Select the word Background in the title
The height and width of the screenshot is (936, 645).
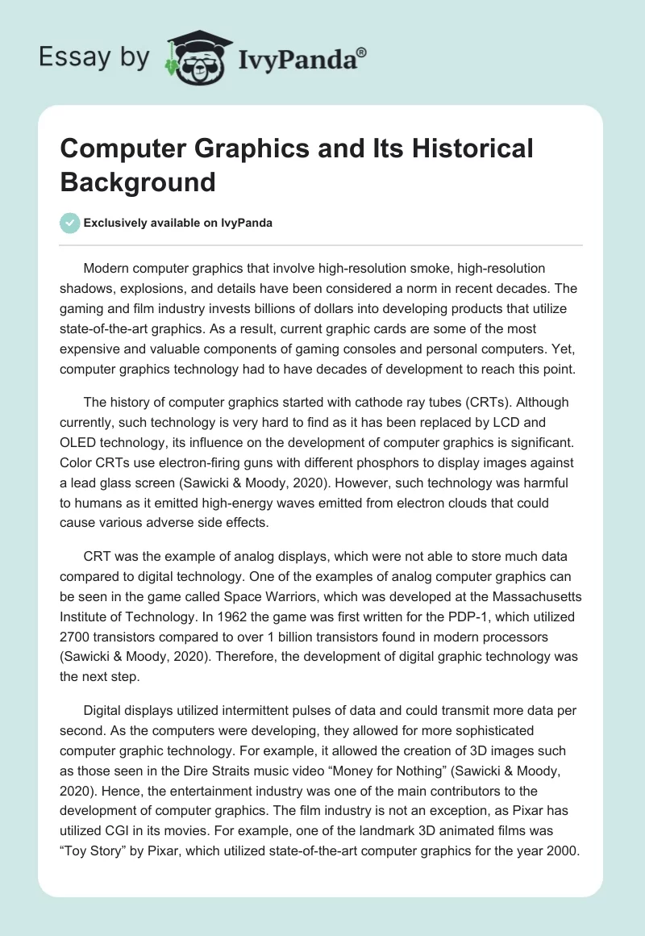[x=138, y=182]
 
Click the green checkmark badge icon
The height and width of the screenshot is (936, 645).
[x=70, y=224]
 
